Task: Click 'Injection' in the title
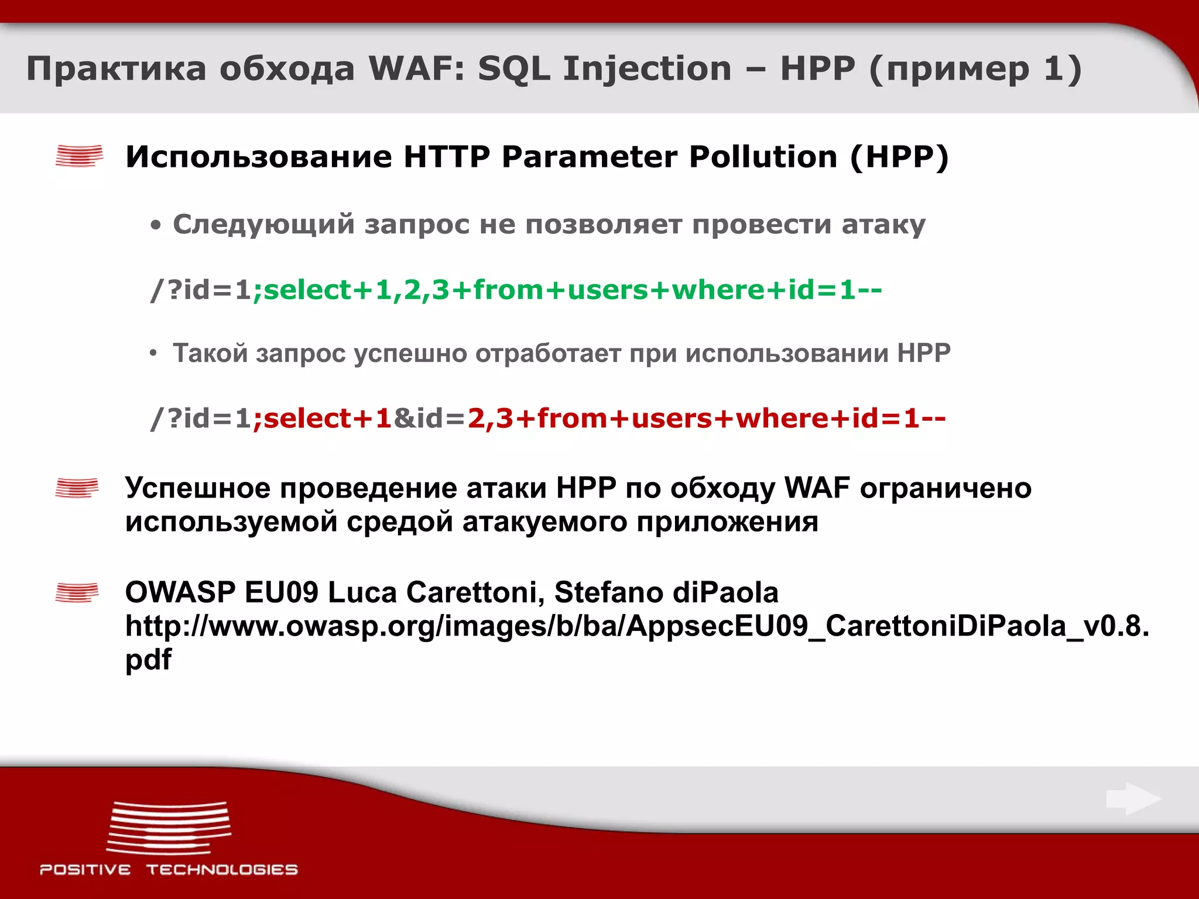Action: [647, 69]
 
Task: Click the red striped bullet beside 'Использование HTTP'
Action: [79, 156]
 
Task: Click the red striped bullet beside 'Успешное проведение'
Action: [77, 488]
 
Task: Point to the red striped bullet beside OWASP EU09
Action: [77, 592]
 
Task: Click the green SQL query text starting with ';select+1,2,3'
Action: [567, 290]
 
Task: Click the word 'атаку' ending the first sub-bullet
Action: [883, 225]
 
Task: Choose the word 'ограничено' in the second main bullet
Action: [945, 488]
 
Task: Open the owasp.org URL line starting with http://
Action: [637, 626]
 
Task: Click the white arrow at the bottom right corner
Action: [1133, 799]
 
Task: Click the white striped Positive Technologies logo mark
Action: [169, 828]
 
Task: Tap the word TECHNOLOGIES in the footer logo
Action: [222, 870]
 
